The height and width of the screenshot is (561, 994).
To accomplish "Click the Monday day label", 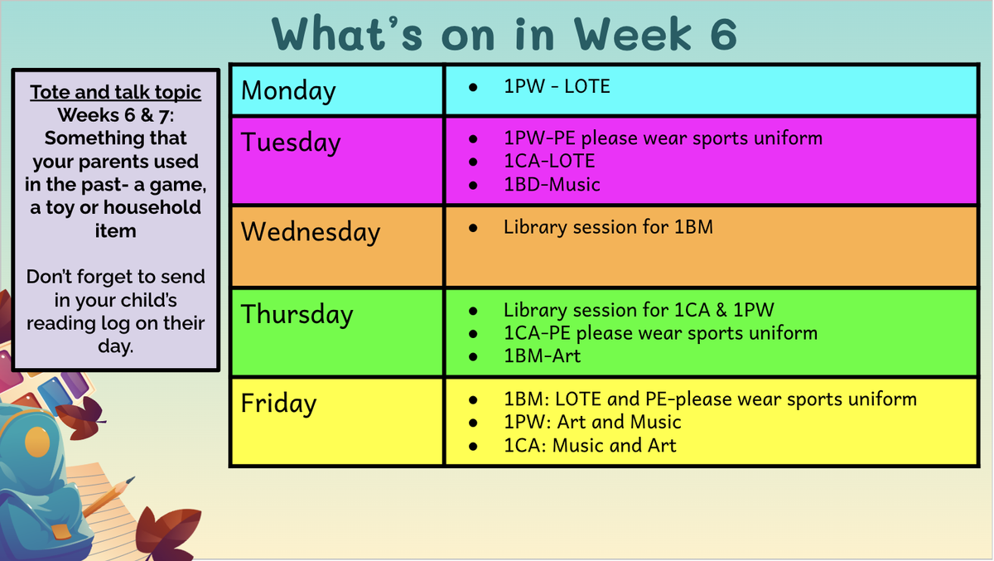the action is point(288,91).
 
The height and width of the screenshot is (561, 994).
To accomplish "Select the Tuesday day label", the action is point(291,143).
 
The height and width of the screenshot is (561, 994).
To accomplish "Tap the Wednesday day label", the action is point(311,232).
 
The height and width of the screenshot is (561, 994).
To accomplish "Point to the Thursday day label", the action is point(297,314).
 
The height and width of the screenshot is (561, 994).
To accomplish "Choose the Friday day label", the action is point(278,404).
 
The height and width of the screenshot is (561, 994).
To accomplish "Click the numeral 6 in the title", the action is point(723,33).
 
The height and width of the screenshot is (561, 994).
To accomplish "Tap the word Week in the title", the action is point(632,33).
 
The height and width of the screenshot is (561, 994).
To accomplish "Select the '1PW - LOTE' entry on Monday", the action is point(557,86).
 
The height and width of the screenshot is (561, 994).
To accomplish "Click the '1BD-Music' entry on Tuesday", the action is point(552,184).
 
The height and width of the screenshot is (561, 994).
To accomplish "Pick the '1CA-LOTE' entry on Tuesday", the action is point(549,161).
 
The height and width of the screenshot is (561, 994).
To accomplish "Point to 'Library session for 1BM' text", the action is point(608,227).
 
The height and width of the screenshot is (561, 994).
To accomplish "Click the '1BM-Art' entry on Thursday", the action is point(543,356).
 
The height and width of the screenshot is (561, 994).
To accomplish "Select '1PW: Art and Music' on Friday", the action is point(592,422).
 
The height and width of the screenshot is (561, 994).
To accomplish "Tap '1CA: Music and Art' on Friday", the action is point(590,445).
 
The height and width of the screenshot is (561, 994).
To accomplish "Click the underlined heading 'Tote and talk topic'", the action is point(115,93).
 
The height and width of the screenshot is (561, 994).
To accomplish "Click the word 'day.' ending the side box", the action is point(115,346).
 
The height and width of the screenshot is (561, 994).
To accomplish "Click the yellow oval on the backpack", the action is point(37,442).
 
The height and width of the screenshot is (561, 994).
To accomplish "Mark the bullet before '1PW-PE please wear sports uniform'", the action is point(473,139).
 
